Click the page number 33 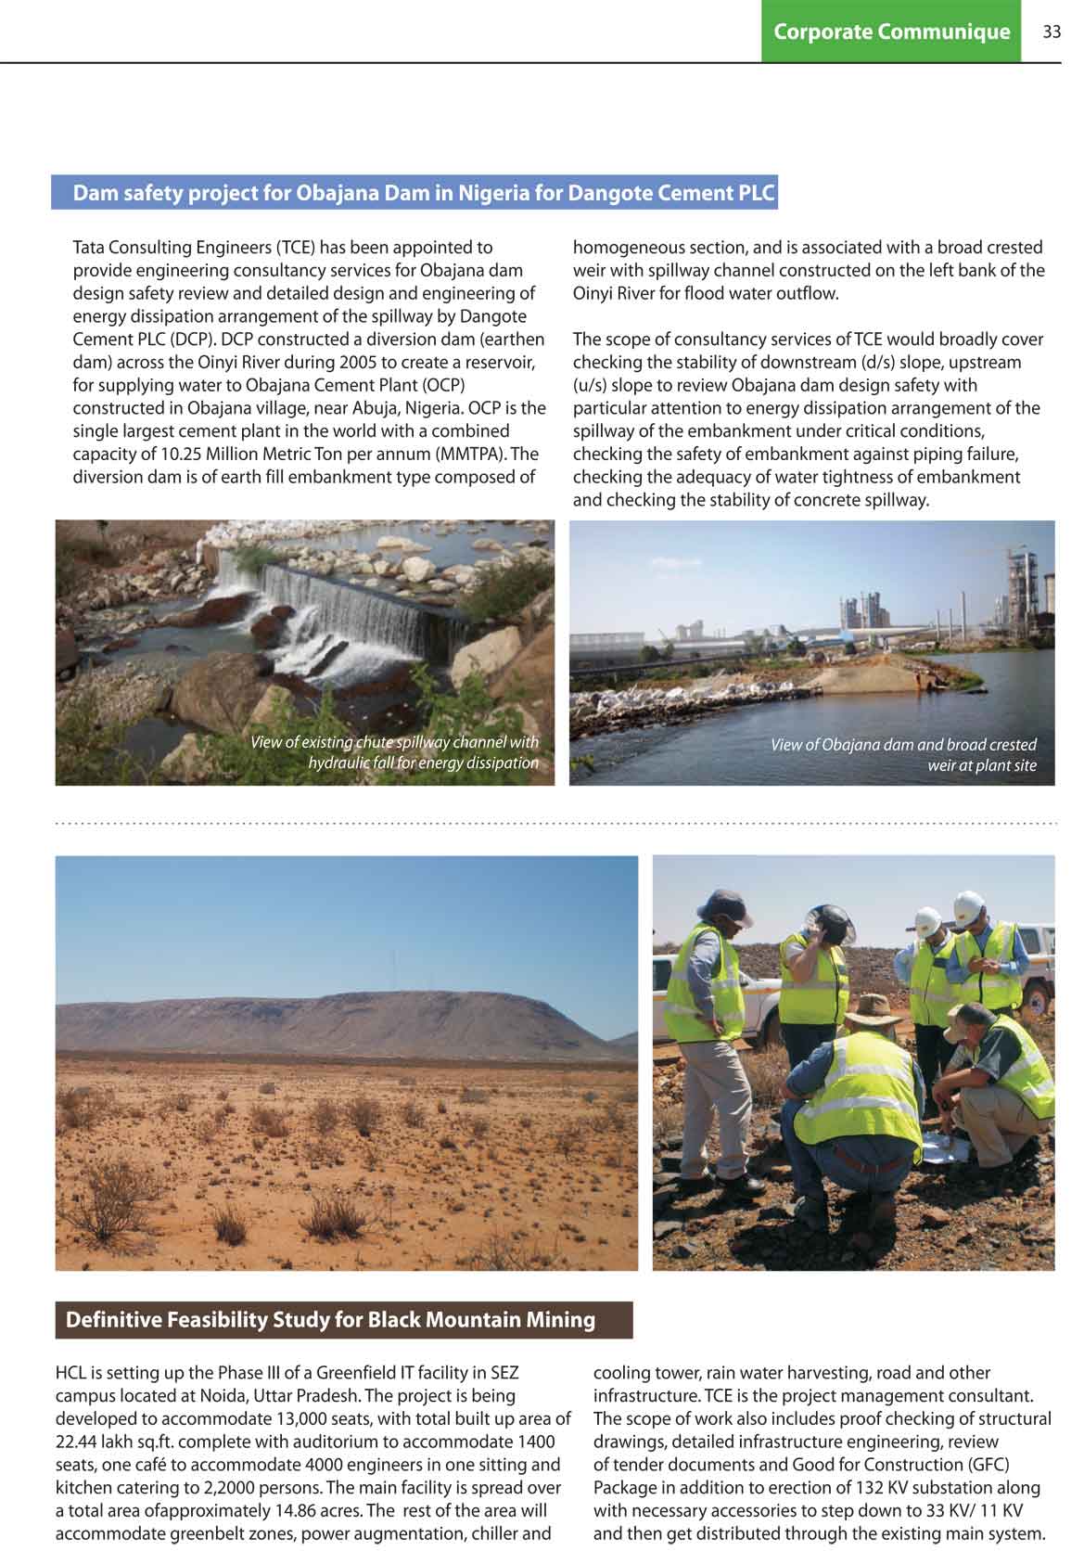click(1051, 32)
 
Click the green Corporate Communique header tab click(890, 32)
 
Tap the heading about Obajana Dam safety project click(423, 193)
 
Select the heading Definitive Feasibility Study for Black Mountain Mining click(330, 1319)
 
